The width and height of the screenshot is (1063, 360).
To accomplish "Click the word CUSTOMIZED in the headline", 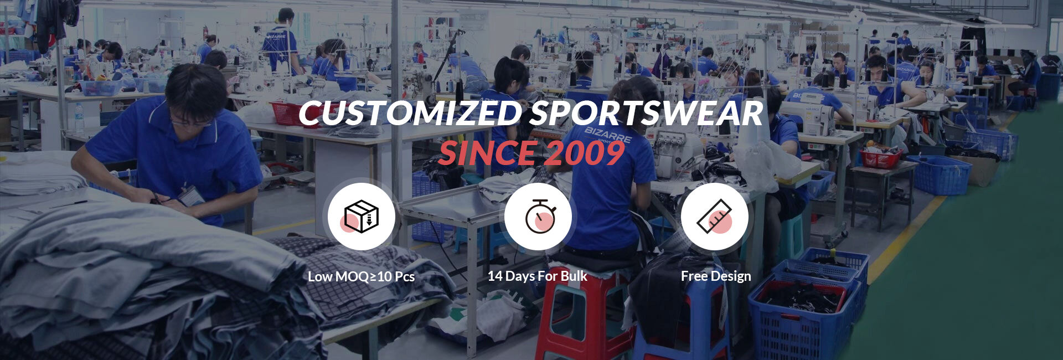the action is click(410, 114).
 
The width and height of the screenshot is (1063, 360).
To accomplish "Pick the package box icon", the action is click(361, 216).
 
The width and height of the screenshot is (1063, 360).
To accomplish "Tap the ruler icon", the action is click(715, 217).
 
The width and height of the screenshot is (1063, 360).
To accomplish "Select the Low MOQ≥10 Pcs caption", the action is click(361, 276).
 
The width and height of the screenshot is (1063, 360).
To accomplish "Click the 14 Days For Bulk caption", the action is click(537, 276).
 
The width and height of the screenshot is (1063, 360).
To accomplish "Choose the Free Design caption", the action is click(716, 276).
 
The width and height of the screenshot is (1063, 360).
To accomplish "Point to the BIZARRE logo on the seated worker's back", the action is click(607, 135).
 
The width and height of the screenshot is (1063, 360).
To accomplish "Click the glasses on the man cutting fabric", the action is click(191, 122).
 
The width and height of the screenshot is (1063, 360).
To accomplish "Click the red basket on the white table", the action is click(288, 113).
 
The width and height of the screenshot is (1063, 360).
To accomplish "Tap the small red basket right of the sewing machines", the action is click(881, 159).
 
